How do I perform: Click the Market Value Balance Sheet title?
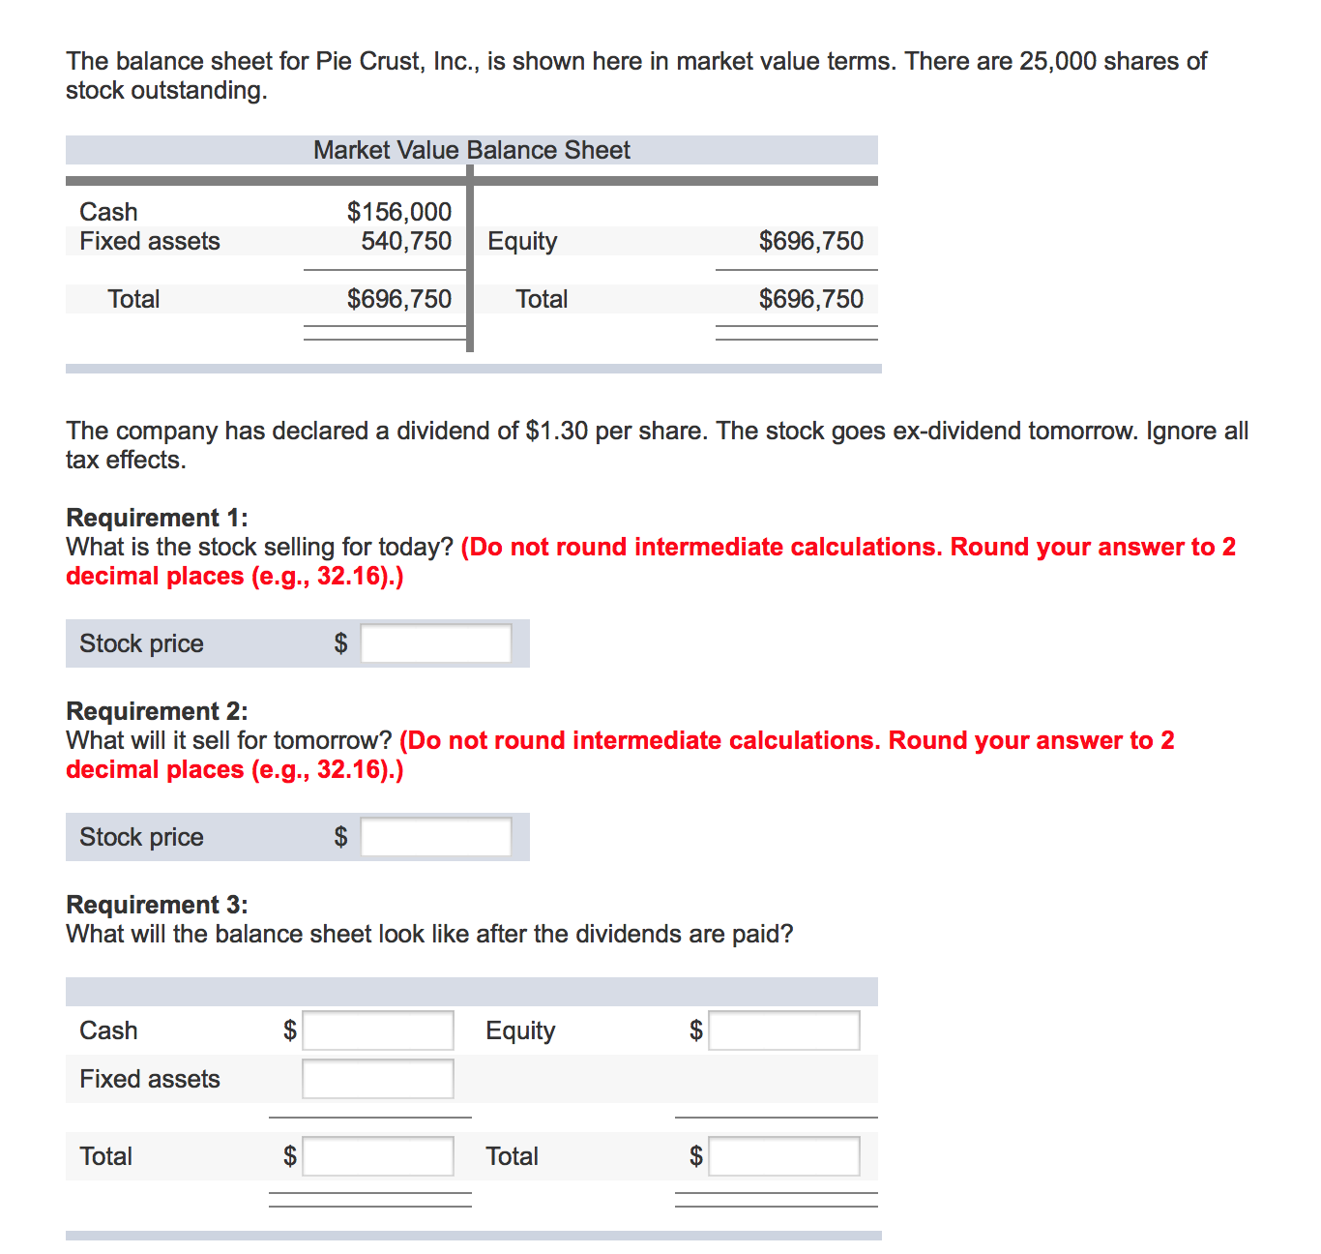(x=471, y=150)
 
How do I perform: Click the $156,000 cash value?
(x=398, y=212)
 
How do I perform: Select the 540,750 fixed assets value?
(x=406, y=241)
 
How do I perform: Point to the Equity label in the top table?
(x=522, y=241)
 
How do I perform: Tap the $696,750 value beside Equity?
(x=810, y=241)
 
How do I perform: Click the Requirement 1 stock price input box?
(x=435, y=643)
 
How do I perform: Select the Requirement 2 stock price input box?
(x=435, y=837)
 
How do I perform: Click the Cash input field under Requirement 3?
(x=377, y=1030)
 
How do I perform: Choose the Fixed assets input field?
(x=377, y=1079)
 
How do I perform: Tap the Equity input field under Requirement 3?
(x=783, y=1030)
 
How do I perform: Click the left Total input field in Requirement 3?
(x=377, y=1156)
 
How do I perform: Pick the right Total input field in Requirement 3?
(x=783, y=1156)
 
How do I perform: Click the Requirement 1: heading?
(x=157, y=518)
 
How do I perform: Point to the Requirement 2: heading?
(x=157, y=711)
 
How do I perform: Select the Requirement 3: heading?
(x=157, y=905)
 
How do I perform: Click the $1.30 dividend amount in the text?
(x=556, y=431)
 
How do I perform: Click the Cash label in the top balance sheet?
(x=108, y=212)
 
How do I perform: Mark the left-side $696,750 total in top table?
(x=398, y=299)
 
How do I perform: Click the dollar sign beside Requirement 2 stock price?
(x=340, y=837)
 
